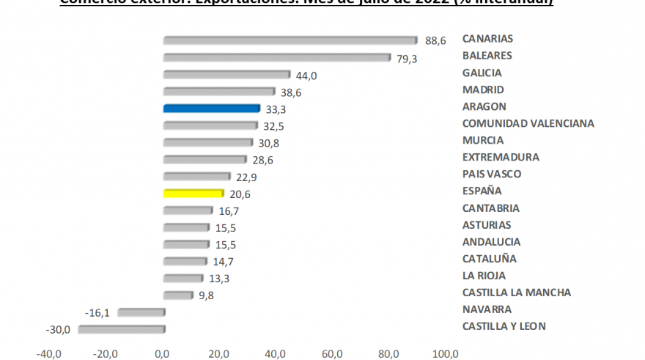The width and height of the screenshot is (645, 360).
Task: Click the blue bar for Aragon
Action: (212, 109)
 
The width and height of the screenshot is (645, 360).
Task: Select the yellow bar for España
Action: (193, 194)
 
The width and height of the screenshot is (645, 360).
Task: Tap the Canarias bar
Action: (290, 40)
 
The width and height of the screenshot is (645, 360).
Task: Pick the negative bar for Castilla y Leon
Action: (122, 329)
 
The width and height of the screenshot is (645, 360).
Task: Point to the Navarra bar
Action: (141, 312)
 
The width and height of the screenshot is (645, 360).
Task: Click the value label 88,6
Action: (435, 41)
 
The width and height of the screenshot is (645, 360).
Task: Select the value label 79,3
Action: (407, 59)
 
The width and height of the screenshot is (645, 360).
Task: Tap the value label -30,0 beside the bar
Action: (58, 330)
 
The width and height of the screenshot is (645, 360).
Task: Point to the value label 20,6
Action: (240, 194)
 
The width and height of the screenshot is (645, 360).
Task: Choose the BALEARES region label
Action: (487, 55)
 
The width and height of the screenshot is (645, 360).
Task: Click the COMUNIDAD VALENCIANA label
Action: (528, 123)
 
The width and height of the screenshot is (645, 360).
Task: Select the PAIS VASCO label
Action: (492, 174)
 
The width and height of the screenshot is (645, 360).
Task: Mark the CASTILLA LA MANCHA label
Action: (517, 293)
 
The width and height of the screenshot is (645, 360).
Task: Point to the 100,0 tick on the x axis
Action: (445, 353)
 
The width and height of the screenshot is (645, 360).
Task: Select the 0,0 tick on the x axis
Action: (162, 353)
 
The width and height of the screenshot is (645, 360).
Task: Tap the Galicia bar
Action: (227, 74)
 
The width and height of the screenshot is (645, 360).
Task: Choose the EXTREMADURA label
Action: (501, 157)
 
